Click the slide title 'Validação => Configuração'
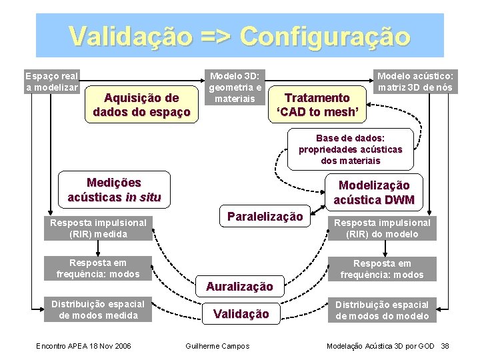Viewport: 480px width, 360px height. tap(239, 35)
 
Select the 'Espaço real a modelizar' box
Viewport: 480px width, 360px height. tap(51, 81)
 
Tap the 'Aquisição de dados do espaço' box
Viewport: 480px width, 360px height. tap(141, 105)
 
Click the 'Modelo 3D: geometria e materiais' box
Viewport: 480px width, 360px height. tap(235, 87)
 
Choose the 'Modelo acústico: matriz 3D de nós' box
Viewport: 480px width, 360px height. tap(415, 81)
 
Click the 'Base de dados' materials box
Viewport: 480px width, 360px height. tap(350, 149)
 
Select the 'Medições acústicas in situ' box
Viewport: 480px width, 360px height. tap(113, 190)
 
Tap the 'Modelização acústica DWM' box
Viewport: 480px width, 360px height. tap(373, 193)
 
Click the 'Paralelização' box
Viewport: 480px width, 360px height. tap(265, 217)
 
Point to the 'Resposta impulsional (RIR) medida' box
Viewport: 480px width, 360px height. tap(98, 228)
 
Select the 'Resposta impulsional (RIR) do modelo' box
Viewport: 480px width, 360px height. tap(382, 228)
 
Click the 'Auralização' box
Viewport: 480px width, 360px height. tap(239, 287)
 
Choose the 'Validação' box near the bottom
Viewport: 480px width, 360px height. tap(241, 313)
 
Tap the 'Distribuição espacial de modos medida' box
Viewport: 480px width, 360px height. tap(98, 310)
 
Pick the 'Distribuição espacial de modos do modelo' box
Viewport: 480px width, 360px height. tap(382, 310)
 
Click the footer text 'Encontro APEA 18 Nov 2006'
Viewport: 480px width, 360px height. tap(83, 345)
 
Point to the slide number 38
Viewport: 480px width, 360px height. tap(445, 345)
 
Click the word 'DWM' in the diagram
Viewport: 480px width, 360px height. tap(399, 200)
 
